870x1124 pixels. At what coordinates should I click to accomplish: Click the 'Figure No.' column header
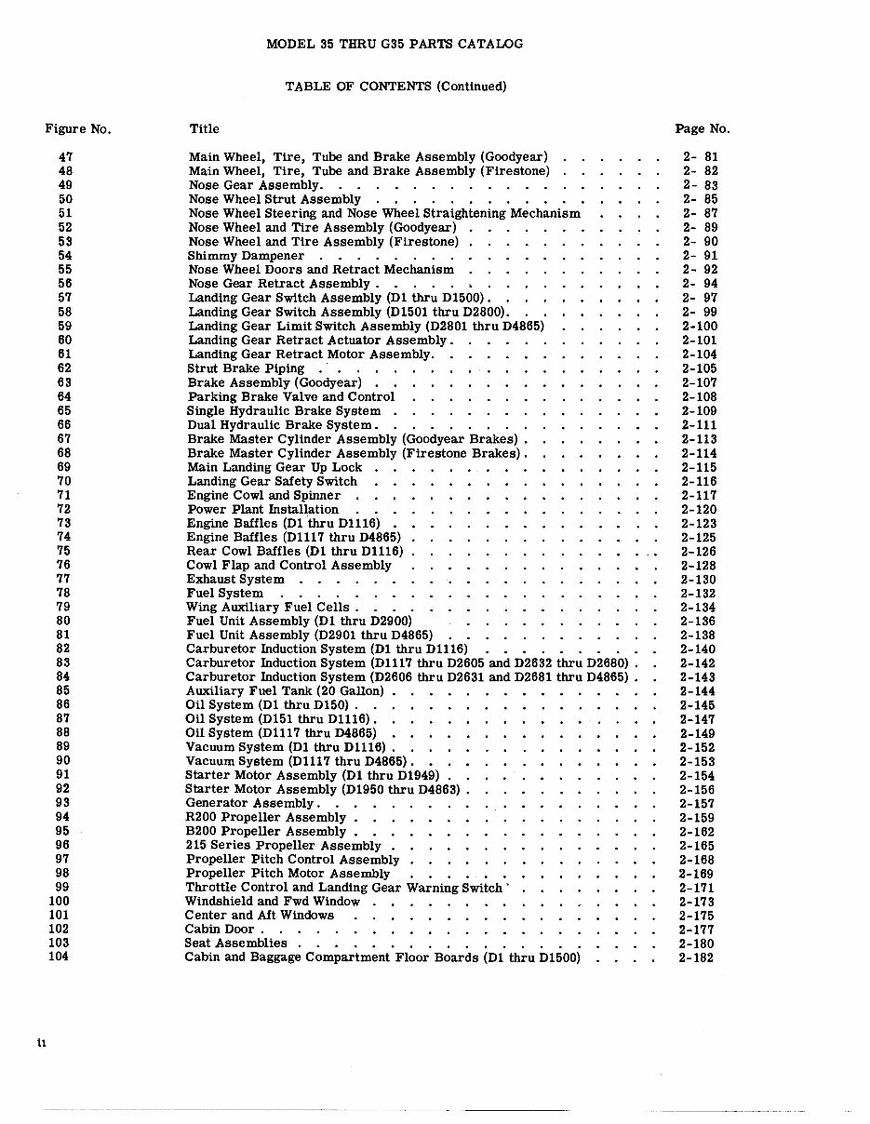pos(78,129)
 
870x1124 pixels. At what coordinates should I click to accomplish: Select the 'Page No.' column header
pos(702,129)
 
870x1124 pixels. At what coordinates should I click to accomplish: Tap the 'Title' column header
pos(205,129)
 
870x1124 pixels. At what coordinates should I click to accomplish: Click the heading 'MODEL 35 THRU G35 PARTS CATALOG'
pos(395,44)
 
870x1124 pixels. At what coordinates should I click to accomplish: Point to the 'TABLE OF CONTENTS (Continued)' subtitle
pos(395,87)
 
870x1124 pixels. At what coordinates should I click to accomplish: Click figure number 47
pos(65,157)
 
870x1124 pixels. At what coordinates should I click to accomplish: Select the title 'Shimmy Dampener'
pos(246,256)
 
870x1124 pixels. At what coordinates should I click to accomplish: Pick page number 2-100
pos(699,327)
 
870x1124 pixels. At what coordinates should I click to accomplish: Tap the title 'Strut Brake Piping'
pos(246,368)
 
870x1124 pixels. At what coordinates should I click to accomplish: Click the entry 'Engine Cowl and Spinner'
pos(263,495)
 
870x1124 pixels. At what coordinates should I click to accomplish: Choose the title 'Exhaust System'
pos(235,579)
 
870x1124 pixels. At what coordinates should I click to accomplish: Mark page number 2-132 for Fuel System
pos(698,594)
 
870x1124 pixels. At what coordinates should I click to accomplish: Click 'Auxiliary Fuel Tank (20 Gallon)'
pos(285,691)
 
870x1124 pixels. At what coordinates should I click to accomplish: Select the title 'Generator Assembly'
pos(249,803)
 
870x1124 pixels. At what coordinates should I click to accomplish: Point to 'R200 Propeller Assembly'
pos(253,818)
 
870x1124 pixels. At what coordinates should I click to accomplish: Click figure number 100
pos(59,901)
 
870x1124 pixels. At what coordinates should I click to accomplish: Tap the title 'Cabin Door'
pos(220,929)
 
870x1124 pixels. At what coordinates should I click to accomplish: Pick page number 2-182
pos(696,957)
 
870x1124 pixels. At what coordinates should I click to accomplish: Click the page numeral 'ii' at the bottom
pos(42,1043)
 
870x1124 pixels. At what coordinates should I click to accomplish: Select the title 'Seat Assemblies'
pos(235,943)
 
